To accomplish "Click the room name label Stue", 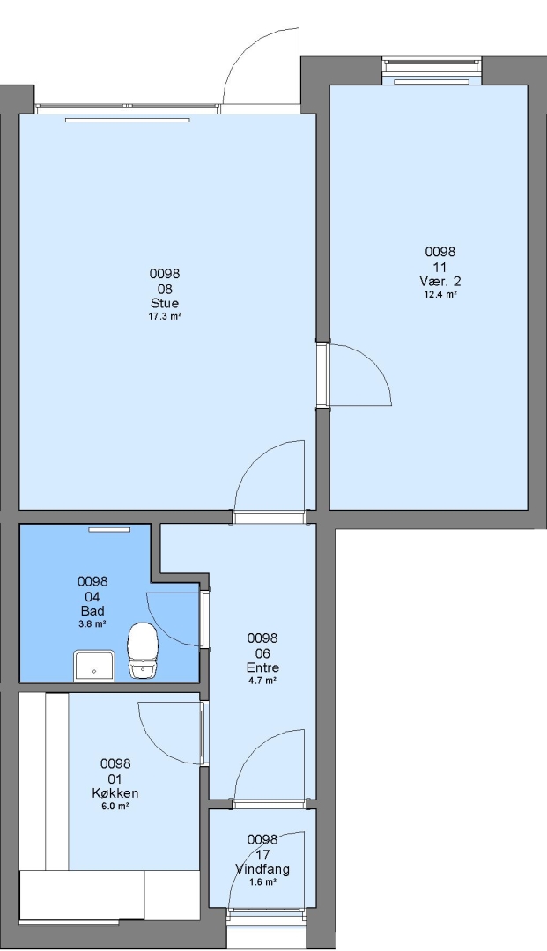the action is click(x=165, y=303).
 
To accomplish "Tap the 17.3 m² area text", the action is click(x=165, y=317).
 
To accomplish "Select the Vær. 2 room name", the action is click(x=440, y=282).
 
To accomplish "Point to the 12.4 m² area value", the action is click(x=440, y=295).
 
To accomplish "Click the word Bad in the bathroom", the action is click(x=92, y=611).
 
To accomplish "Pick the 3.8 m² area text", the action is click(x=92, y=623).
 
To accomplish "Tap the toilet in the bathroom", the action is click(x=143, y=650).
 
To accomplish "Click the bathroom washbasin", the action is click(x=94, y=666).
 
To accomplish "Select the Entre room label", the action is click(x=262, y=667).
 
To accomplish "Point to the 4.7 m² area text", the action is click(x=262, y=681).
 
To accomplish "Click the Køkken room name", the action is click(x=115, y=793).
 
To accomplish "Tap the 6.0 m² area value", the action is click(x=115, y=806).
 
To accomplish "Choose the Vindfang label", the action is click(x=262, y=869).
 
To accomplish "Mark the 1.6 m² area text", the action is click(x=262, y=881).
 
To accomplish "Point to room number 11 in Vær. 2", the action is click(x=440, y=267).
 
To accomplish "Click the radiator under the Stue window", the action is click(x=128, y=120).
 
